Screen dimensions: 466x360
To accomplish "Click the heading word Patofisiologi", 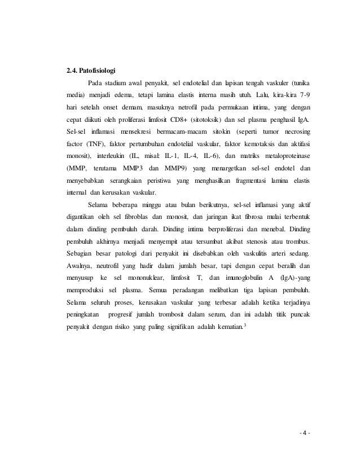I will tap(97, 71).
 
